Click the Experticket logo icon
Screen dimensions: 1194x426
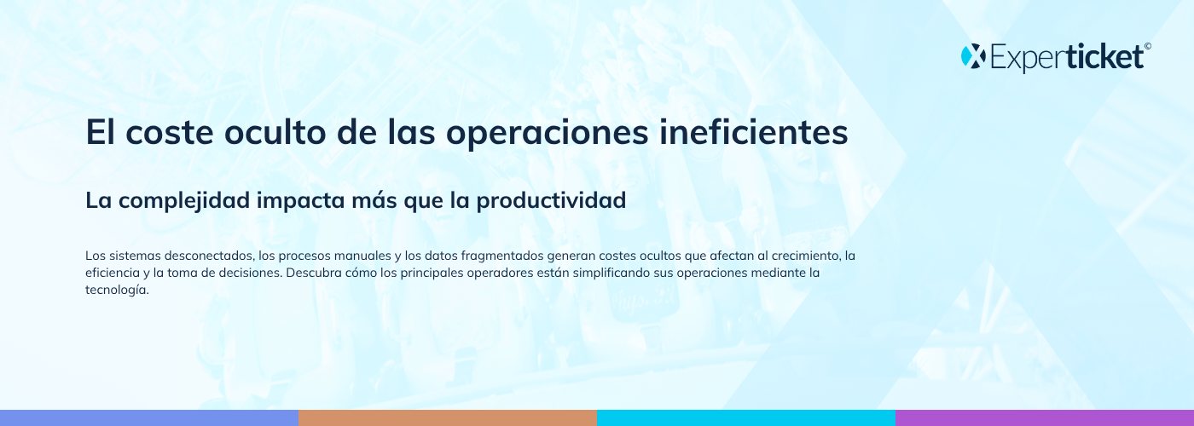pyautogui.click(x=973, y=56)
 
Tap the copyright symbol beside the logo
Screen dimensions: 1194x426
pyautogui.click(x=1148, y=46)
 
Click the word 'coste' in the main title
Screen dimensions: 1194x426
pyautogui.click(x=170, y=132)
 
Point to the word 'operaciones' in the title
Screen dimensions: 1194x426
pyautogui.click(x=548, y=133)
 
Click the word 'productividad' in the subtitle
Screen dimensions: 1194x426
pyautogui.click(x=551, y=201)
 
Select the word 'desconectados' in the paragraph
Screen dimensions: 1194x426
pyautogui.click(x=209, y=256)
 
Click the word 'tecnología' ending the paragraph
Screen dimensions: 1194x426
pyautogui.click(x=117, y=291)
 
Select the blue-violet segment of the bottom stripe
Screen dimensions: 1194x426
pyautogui.click(x=149, y=418)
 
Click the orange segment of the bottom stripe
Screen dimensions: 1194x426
pyautogui.click(x=448, y=418)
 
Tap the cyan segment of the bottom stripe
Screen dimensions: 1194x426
pyautogui.click(x=746, y=418)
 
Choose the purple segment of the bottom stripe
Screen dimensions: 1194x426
pyautogui.click(x=1045, y=418)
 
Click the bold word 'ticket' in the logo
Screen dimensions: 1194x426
pyautogui.click(x=1105, y=56)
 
